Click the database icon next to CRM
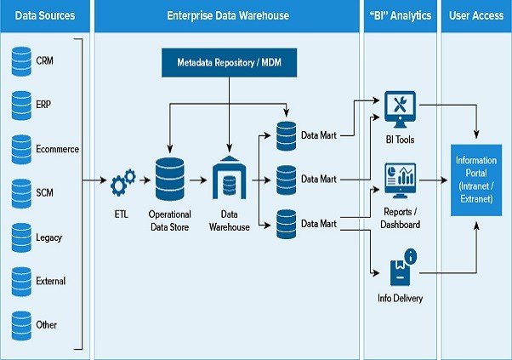[x=21, y=61]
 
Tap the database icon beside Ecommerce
[x=21, y=149]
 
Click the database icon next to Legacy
[x=21, y=237]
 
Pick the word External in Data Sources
[x=51, y=281]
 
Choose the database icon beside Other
[x=21, y=324]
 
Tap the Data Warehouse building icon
[x=230, y=178]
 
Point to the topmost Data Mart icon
[x=287, y=134]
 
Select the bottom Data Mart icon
[x=287, y=224]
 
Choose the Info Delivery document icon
[x=400, y=268]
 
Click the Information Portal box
[x=476, y=180]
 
